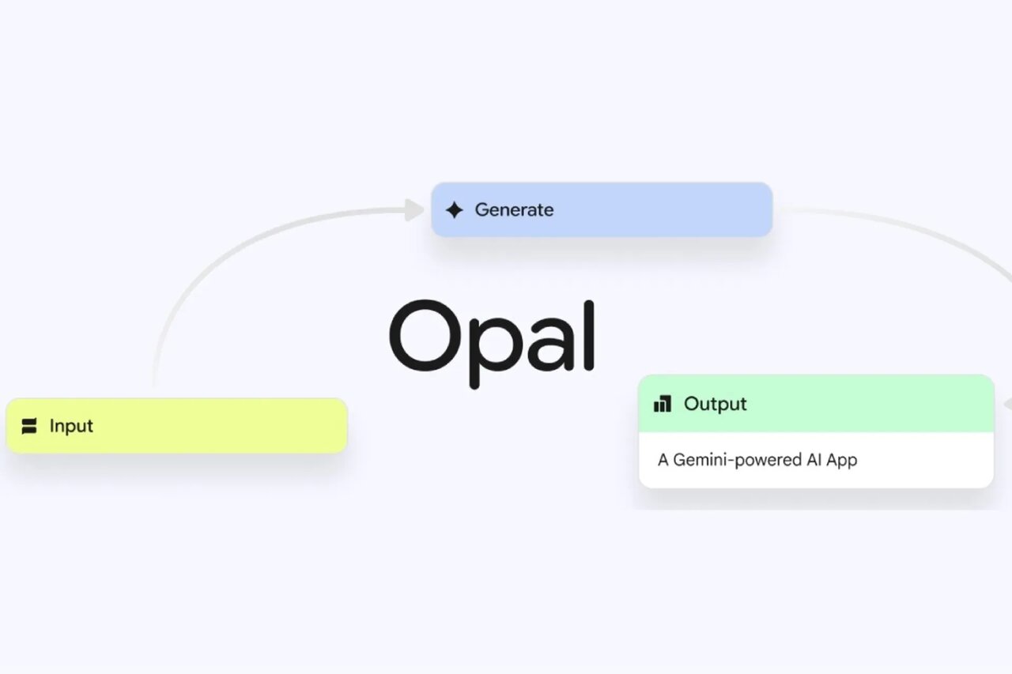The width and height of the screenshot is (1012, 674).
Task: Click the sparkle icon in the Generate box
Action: (454, 210)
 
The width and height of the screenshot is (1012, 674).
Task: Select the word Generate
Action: (514, 210)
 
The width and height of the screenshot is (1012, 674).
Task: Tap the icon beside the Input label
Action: (29, 427)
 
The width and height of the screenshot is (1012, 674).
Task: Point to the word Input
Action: (71, 426)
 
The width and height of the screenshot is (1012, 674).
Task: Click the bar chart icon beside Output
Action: (663, 405)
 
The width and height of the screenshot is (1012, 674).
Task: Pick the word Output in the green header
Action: (715, 404)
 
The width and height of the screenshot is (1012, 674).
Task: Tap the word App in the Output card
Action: (841, 459)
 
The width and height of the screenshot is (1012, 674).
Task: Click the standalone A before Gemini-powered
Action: (663, 459)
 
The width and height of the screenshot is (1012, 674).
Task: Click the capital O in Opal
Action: (423, 336)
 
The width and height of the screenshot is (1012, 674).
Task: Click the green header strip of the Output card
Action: (870, 404)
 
